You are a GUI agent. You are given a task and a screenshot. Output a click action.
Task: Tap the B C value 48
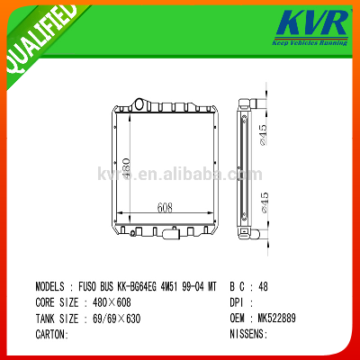(263, 286)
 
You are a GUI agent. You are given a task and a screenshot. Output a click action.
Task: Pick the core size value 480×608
(112, 302)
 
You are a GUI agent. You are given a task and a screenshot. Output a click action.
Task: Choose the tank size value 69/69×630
(116, 318)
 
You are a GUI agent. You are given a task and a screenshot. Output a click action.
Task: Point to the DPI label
(236, 302)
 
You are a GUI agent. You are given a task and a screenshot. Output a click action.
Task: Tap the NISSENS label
(248, 334)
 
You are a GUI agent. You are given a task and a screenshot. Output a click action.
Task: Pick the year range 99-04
(194, 286)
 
